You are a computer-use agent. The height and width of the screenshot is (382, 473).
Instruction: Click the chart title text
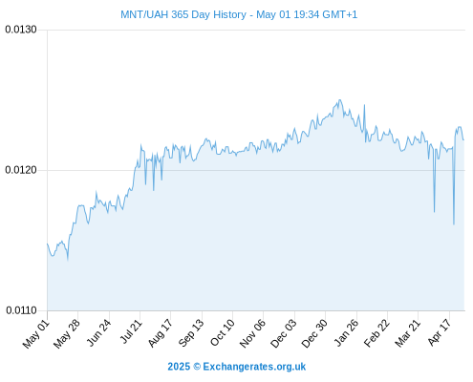[x=239, y=14]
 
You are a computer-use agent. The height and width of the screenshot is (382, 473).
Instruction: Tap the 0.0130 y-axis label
[x=21, y=30]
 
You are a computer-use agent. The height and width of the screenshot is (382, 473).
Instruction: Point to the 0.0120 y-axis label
[x=21, y=170]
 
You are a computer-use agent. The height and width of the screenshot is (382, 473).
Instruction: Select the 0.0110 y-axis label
[x=21, y=310]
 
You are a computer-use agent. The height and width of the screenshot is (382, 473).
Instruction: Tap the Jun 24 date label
[x=98, y=333]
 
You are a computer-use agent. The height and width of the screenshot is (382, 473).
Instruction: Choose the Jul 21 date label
[x=130, y=331]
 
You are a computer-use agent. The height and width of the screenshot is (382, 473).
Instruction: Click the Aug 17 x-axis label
[x=161, y=333]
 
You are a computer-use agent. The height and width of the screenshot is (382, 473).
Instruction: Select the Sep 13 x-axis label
[x=191, y=333]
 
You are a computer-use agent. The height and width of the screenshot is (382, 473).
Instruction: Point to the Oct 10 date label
[x=223, y=332]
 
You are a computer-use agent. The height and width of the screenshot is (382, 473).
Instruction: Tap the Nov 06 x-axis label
[x=252, y=333]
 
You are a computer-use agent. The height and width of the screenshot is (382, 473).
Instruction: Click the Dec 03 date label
[x=283, y=333]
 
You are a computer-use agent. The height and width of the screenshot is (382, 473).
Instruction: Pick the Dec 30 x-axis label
[x=314, y=333]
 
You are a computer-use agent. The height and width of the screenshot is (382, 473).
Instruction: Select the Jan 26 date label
[x=346, y=332]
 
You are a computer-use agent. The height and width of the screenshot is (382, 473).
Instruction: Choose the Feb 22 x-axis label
[x=376, y=333]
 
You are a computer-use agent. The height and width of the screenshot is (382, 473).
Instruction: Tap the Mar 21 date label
[x=408, y=333]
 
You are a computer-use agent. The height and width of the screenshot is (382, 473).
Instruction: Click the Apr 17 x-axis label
[x=440, y=332]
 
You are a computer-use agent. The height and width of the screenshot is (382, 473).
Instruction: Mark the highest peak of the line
[x=339, y=99]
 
